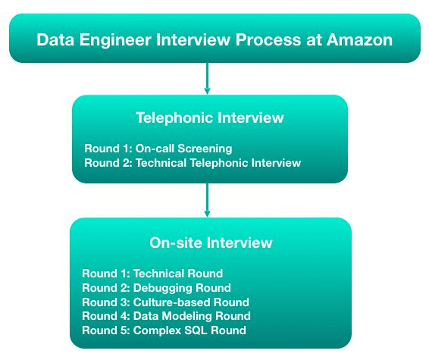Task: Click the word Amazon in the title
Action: pyautogui.click(x=359, y=39)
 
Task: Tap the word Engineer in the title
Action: pyautogui.click(x=115, y=40)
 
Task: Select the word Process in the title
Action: pyautogui.click(x=268, y=39)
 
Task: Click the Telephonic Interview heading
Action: pyautogui.click(x=210, y=118)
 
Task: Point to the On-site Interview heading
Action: pyautogui.click(x=211, y=243)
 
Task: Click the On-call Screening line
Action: pyautogui.click(x=158, y=149)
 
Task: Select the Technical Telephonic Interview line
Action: pyautogui.click(x=193, y=163)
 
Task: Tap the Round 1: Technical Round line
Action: pyautogui.click(x=152, y=274)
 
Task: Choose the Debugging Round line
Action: pyautogui.click(x=156, y=288)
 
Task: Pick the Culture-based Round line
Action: pyautogui.click(x=165, y=302)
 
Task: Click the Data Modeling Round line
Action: pyautogui.click(x=166, y=316)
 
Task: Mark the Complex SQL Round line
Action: pyautogui.click(x=164, y=330)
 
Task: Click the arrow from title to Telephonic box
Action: pyautogui.click(x=207, y=79)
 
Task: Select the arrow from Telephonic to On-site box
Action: pyautogui.click(x=207, y=200)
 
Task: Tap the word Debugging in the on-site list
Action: pyautogui.click(x=162, y=288)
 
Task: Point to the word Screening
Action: pyautogui.click(x=205, y=149)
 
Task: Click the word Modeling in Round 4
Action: pyautogui.click(x=187, y=317)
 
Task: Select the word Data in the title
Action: pyautogui.click(x=55, y=39)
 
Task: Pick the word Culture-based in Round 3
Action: pyautogui.click(x=172, y=302)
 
